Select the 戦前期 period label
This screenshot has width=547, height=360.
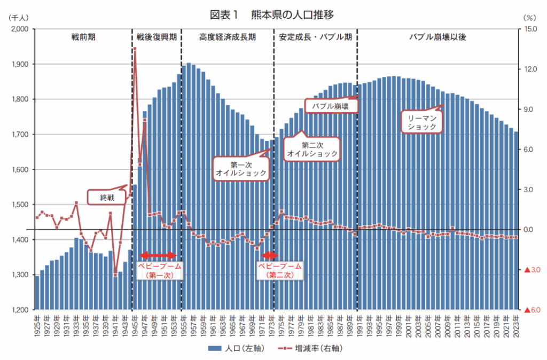click(x=83, y=37)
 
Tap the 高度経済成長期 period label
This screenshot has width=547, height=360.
click(x=228, y=37)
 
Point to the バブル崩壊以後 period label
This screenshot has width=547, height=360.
click(x=438, y=37)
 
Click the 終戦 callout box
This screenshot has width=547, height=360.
click(x=107, y=198)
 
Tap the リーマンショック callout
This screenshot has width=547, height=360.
click(x=422, y=122)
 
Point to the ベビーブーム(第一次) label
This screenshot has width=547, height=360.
click(x=160, y=270)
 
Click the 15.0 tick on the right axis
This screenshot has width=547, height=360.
click(x=530, y=29)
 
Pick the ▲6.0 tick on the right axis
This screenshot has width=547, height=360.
click(x=533, y=310)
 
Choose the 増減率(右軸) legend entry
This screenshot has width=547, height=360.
click(x=310, y=349)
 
